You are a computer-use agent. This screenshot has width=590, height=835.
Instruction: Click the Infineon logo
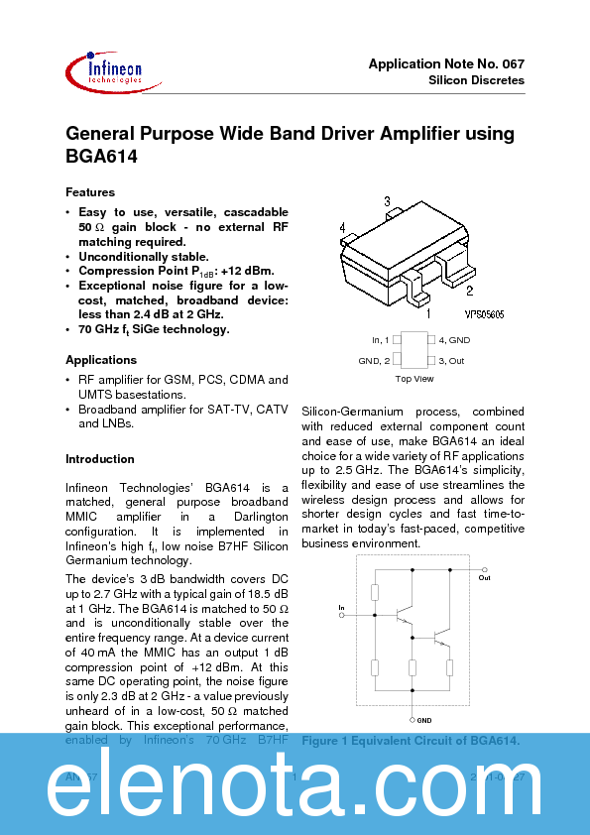tap(103, 71)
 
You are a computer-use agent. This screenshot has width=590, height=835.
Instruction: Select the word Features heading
tap(90, 192)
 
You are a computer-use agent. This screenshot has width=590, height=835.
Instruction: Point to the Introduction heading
tap(100, 459)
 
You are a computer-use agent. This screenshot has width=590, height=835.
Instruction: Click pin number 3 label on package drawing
tap(387, 201)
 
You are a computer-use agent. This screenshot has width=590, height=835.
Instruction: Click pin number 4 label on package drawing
tap(342, 229)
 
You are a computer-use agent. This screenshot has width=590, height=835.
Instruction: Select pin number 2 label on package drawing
tap(469, 291)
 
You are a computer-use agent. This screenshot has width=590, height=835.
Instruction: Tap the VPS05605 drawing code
tap(485, 313)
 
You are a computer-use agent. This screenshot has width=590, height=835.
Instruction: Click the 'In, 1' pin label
tap(382, 340)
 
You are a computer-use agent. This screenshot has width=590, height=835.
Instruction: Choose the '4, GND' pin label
tap(454, 340)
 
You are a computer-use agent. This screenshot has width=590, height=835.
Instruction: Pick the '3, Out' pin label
tap(452, 361)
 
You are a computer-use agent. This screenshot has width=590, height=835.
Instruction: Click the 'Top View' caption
tap(414, 379)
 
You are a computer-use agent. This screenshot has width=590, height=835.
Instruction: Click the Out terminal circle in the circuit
tap(485, 570)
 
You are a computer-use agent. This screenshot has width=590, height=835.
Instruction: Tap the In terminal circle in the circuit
tap(342, 615)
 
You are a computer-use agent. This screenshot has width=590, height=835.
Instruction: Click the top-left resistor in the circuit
tap(375, 593)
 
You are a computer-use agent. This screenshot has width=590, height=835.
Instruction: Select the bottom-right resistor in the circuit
tap(450, 667)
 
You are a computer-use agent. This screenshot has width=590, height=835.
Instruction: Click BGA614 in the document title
tap(101, 157)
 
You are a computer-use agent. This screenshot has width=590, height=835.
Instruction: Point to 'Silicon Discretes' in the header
tap(476, 79)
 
